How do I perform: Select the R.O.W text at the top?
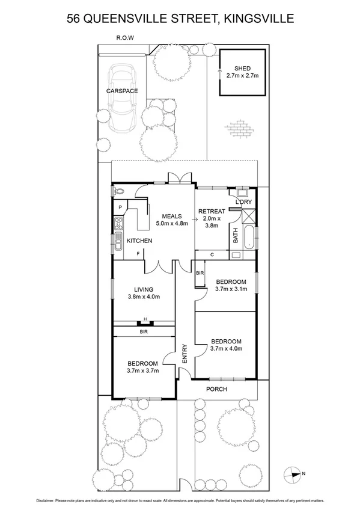[125, 37]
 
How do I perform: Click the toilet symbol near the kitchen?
[117, 191]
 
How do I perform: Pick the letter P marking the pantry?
[121, 208]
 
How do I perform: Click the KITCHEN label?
[139, 241]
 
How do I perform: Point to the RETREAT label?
[212, 211]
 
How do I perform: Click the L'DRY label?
[243, 201]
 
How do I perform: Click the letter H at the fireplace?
[144, 321]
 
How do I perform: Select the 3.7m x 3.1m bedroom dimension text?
[231, 289]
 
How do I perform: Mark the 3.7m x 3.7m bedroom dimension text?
[142, 370]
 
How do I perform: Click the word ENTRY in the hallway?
[185, 354]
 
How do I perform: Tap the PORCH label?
[216, 389]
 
